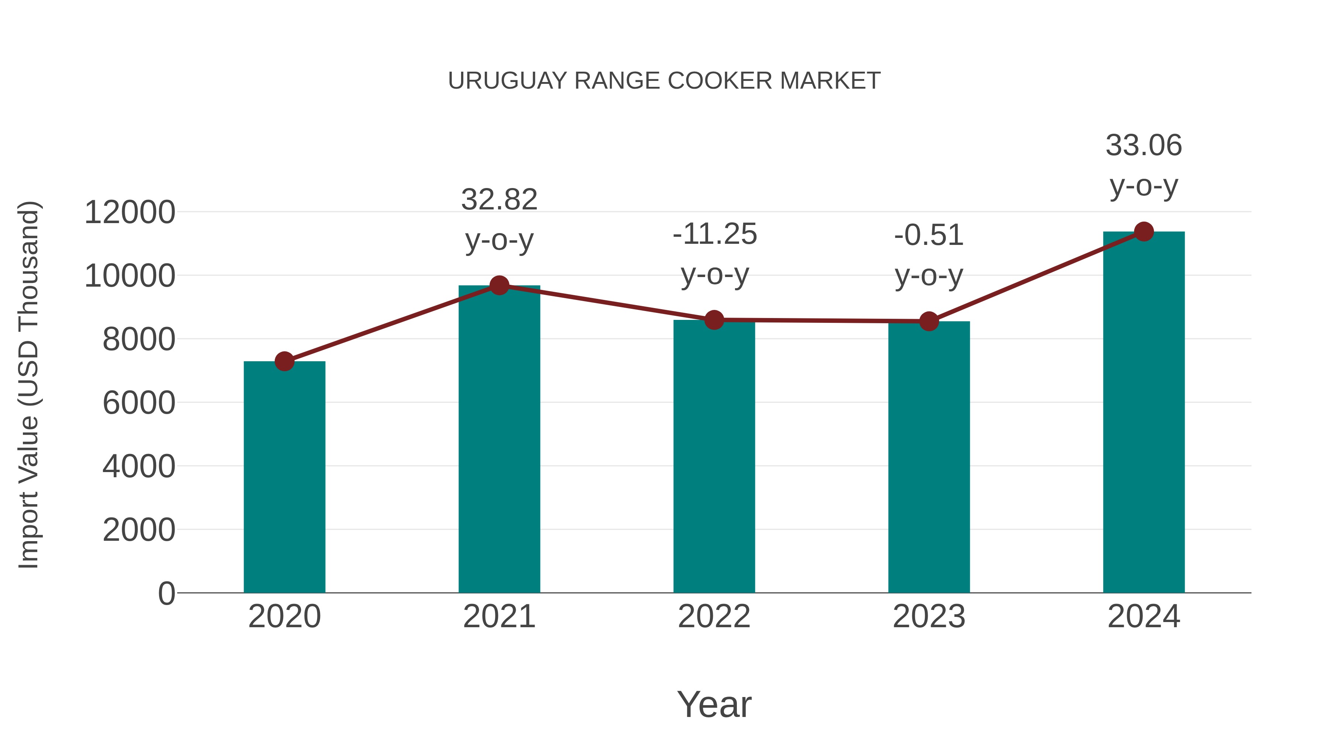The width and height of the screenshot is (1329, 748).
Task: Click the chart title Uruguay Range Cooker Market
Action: [664, 81]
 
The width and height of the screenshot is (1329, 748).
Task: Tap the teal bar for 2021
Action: [499, 439]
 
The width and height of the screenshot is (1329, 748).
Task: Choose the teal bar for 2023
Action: [929, 457]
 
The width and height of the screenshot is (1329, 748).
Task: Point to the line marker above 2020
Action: [284, 361]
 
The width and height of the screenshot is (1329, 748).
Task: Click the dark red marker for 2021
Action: [499, 285]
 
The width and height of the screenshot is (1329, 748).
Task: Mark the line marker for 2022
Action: [714, 320]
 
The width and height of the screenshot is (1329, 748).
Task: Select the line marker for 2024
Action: [1143, 232]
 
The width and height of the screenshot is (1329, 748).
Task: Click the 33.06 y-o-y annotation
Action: [1143, 165]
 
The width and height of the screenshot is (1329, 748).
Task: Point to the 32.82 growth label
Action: [499, 219]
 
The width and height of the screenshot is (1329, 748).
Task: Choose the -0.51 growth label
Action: [929, 255]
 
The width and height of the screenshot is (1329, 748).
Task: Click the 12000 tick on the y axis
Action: [130, 212]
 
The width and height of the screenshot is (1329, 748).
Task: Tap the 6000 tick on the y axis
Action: [139, 403]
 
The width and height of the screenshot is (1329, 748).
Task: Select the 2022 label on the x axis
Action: [714, 616]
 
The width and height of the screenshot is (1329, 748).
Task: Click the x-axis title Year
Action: [714, 704]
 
